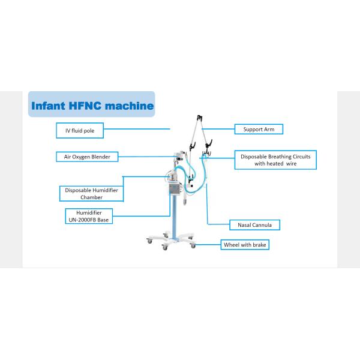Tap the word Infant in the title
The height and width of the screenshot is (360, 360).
pos(48,106)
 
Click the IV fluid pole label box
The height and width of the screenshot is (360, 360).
pos(80,130)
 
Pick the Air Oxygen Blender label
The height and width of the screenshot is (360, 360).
pos(87,157)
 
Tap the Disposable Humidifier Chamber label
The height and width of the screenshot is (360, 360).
pos(91,194)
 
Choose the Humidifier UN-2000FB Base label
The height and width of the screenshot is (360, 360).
pos(89,216)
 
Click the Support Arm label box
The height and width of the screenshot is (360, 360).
pos(259,129)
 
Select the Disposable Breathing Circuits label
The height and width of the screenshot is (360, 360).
pos(275,160)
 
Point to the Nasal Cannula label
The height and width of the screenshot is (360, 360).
pos(254,225)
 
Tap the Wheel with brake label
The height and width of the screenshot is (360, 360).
pos(245,245)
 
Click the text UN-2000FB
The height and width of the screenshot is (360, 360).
pos(82,220)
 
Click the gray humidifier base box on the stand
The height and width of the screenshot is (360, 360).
pos(175,189)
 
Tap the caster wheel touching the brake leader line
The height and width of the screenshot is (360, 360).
pos(193,246)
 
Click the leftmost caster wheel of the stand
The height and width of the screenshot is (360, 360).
pos(149,241)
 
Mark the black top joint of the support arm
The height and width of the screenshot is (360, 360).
pos(200,118)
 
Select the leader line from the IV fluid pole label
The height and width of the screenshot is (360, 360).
pos(137,129)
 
